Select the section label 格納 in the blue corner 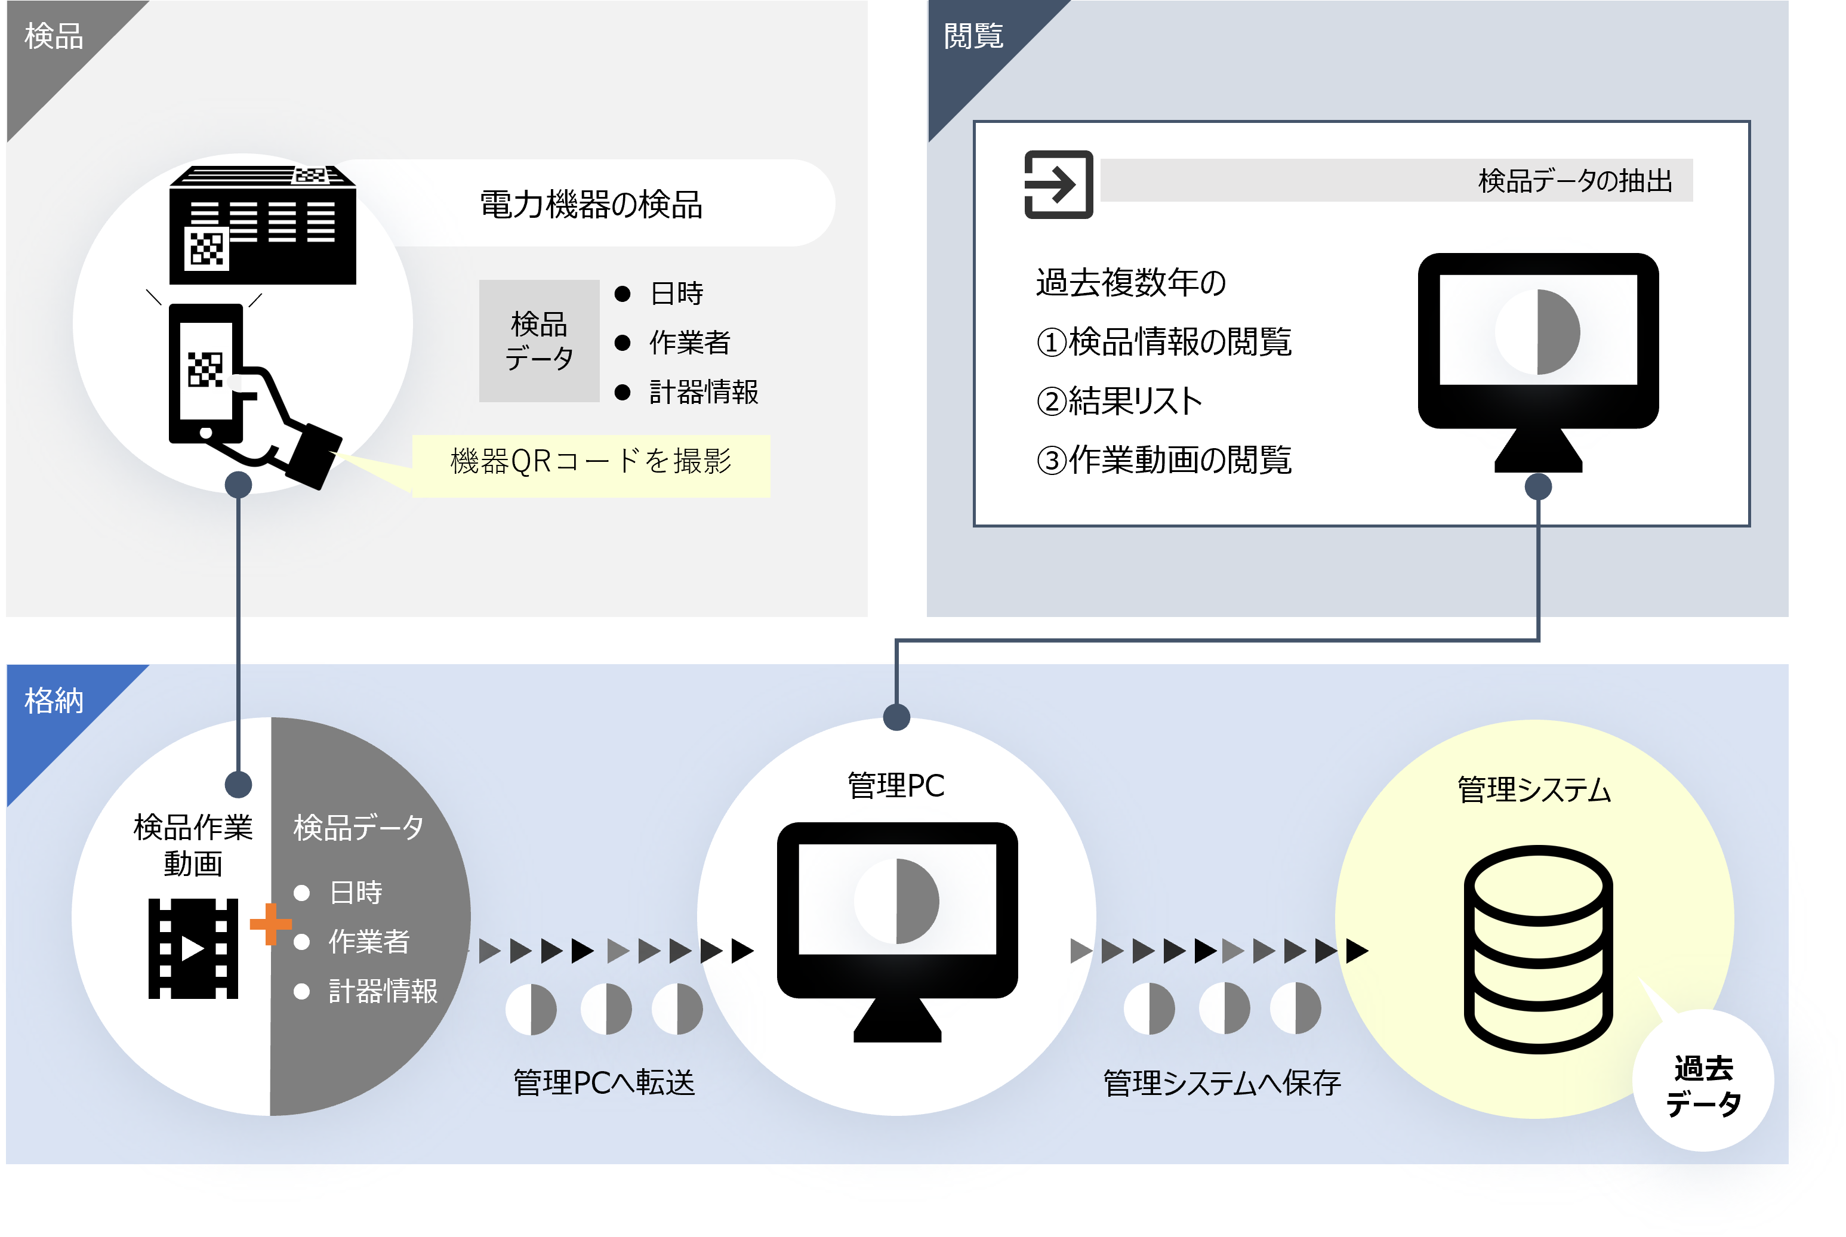tap(54, 701)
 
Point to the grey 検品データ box tap(539, 341)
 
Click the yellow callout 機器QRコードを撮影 tap(591, 461)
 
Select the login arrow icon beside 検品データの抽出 tap(1058, 184)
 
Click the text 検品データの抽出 tap(1574, 181)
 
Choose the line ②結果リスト tap(1118, 402)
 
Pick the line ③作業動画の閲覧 tap(1164, 461)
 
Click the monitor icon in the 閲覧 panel tap(1537, 355)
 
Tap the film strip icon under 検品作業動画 tap(193, 948)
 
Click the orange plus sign tap(270, 924)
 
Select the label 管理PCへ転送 tap(603, 1083)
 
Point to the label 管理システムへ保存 tap(1221, 1083)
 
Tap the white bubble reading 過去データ tap(1703, 1086)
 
